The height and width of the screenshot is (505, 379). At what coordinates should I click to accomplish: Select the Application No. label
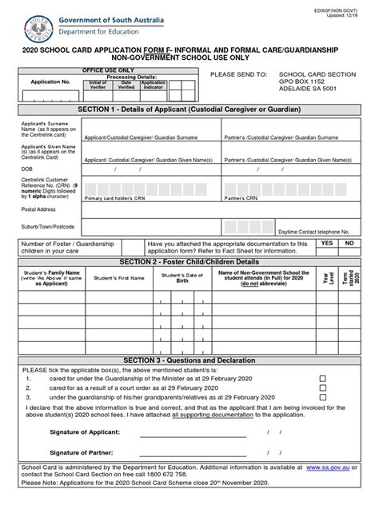[x=50, y=82]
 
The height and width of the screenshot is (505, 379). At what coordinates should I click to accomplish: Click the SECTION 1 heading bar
[x=189, y=108]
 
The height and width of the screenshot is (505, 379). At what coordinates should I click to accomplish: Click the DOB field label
[x=26, y=169]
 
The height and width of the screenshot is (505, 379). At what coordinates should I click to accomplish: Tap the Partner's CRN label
[x=241, y=197]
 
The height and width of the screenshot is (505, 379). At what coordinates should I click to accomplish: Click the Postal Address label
[x=39, y=209]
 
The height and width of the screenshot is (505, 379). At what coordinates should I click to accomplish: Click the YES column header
[x=326, y=241]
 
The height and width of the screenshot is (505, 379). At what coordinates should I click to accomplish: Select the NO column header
[x=349, y=241]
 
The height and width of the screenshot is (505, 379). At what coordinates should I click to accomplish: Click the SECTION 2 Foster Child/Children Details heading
[x=189, y=261]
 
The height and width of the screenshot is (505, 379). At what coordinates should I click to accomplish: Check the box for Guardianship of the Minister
[x=323, y=378]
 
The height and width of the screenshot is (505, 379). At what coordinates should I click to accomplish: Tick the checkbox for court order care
[x=323, y=387]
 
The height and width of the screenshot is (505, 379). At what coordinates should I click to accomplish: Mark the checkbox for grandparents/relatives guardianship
[x=323, y=396]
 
